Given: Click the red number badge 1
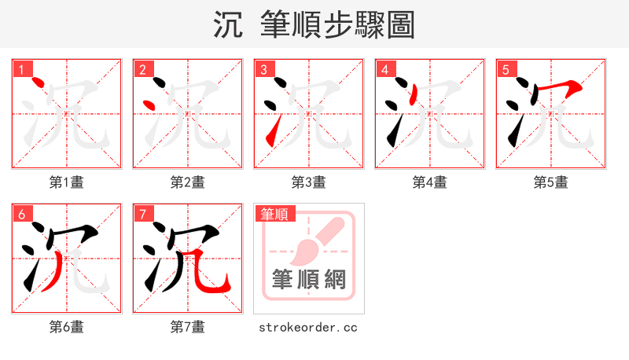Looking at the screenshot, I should (x=20, y=68).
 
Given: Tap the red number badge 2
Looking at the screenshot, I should (x=142, y=68).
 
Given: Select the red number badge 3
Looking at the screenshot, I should (x=263, y=68).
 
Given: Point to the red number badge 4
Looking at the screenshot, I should (x=384, y=68).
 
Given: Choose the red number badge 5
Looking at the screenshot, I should (x=505, y=68).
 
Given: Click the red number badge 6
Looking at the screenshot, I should (x=20, y=213).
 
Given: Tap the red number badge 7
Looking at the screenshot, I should (x=142, y=213).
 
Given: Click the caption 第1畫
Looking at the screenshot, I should (x=67, y=182).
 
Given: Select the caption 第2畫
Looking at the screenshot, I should (x=188, y=182).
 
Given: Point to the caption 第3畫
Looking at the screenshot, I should (x=309, y=182).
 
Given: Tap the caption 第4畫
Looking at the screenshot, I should (x=430, y=182).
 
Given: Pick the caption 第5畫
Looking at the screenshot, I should (x=551, y=182).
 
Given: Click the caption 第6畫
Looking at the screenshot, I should (x=67, y=326).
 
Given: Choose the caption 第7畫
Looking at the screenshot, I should (x=188, y=326).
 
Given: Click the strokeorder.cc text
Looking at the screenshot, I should (x=308, y=327).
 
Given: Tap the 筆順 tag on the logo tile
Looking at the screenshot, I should (x=274, y=213).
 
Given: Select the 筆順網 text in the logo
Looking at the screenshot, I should (x=309, y=279).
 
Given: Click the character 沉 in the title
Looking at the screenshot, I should (x=229, y=24).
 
